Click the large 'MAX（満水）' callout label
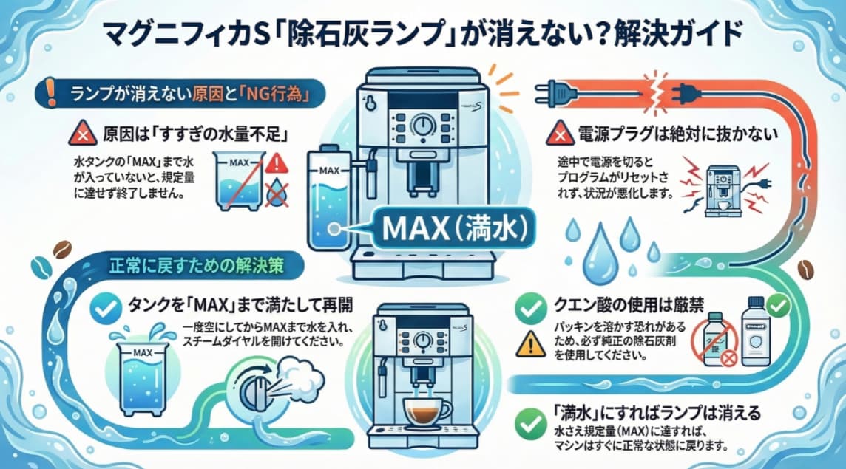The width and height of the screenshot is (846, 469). coord(452,230)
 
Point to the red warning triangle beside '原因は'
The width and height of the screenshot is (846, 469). coord(79,135)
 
